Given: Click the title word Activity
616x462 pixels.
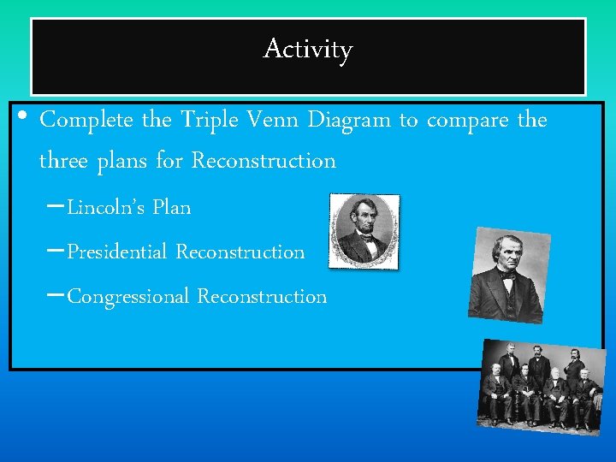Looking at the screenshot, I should click(307, 50).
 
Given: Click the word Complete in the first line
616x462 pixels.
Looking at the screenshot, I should click(87, 120).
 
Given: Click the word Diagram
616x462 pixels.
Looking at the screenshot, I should click(350, 120).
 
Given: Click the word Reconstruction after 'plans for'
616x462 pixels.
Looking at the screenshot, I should click(264, 160).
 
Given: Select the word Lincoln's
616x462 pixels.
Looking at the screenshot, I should click(107, 207).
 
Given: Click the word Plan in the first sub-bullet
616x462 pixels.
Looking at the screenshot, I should click(172, 207).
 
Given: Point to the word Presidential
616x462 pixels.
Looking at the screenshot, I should click(118, 252).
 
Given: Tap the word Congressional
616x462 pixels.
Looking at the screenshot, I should click(128, 297).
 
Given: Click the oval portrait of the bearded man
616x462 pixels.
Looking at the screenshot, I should click(364, 230).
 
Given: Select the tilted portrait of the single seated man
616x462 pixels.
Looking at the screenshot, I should click(509, 275).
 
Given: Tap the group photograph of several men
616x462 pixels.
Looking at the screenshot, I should click(540, 384).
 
